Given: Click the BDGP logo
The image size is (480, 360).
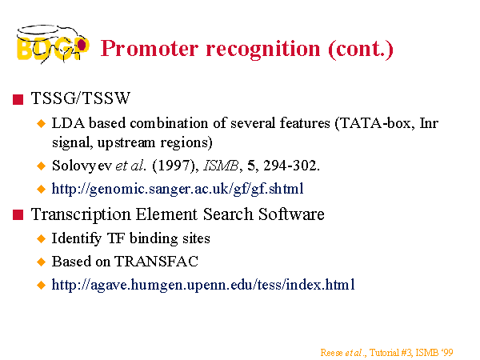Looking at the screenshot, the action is tap(53, 44).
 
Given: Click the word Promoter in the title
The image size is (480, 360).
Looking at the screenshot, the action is tap(150, 49).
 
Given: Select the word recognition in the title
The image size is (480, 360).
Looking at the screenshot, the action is tap(263, 49).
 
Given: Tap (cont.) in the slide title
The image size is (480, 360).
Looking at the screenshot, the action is tap(361, 50).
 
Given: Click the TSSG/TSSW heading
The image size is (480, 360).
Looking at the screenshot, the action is tap(81, 98).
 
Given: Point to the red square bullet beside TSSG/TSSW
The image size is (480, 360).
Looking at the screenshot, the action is tap(18, 99).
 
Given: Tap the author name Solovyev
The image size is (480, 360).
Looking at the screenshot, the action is tap(82, 166).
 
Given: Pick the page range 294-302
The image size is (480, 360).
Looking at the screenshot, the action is tap(291, 166).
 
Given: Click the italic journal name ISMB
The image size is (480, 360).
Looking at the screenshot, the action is tap(221, 166).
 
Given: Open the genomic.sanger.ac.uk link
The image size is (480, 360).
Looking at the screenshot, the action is tap(178, 189).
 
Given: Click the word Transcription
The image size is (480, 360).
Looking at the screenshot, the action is tap(81, 214).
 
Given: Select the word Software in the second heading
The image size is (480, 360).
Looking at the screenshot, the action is tap(291, 214).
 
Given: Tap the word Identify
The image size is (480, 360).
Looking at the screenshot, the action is tap(77, 238).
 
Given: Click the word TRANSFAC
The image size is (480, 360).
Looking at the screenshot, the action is tap(156, 262).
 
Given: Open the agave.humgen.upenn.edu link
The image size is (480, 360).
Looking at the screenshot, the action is tap(203, 285).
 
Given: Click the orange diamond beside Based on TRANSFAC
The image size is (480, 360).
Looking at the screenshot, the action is tap(41, 262).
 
